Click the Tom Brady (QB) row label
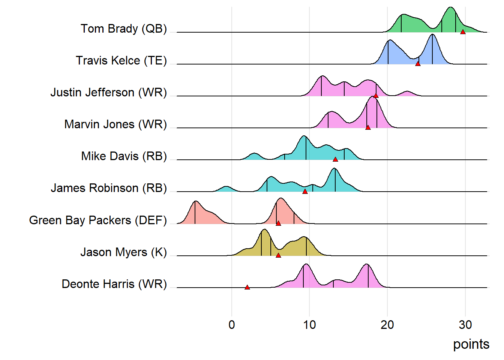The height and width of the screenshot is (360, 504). (x=124, y=28)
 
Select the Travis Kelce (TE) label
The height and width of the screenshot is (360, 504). (x=121, y=60)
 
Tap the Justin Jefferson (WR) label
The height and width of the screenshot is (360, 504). (x=108, y=92)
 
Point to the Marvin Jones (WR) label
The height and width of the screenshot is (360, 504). (x=115, y=124)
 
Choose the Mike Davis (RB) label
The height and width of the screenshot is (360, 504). (x=124, y=156)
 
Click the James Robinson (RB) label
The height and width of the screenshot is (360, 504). (x=109, y=188)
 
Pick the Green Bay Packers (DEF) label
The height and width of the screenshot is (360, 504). (x=98, y=220)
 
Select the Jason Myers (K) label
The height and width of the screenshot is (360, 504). (x=123, y=252)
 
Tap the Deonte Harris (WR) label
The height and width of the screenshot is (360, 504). (x=114, y=284)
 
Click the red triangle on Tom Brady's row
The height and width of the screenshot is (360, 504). (x=463, y=32)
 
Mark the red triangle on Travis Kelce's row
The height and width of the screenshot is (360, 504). (x=418, y=64)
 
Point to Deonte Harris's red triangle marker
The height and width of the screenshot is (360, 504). (x=247, y=287)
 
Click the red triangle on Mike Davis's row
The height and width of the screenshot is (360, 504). (x=335, y=159)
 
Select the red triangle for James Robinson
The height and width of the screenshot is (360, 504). (x=305, y=191)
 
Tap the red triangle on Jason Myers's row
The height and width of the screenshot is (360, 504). (x=278, y=255)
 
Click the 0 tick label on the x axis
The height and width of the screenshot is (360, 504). (x=232, y=325)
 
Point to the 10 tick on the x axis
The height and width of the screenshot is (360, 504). (x=309, y=325)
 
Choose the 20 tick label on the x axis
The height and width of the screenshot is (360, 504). (x=387, y=325)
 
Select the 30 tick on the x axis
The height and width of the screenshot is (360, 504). (x=465, y=325)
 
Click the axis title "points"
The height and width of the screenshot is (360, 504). (x=471, y=344)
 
